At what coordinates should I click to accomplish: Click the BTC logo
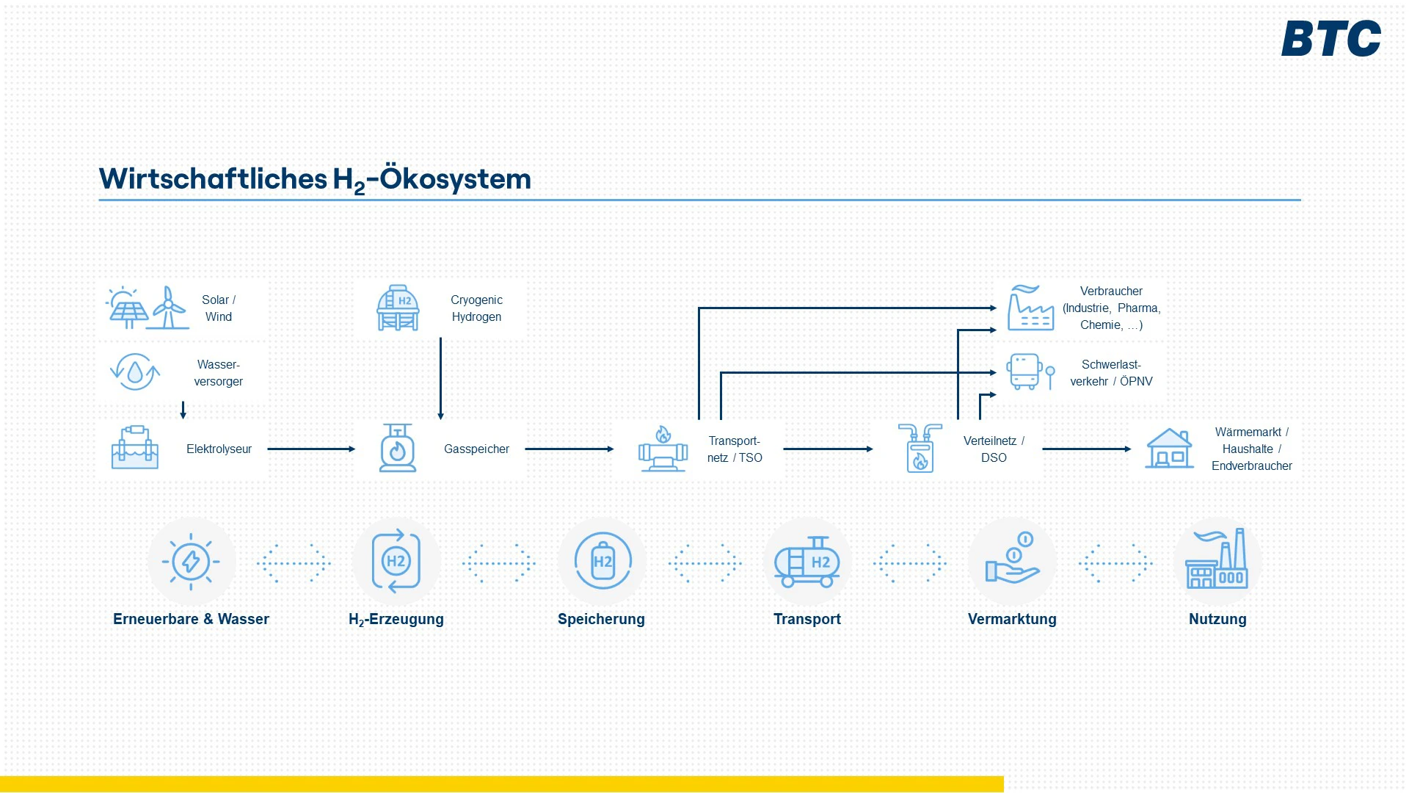1330,38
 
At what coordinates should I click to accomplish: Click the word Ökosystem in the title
455,179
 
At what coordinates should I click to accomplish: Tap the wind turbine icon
169,308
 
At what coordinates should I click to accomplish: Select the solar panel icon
128,309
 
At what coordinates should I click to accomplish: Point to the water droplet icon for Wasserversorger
135,372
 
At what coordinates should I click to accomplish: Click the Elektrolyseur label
219,449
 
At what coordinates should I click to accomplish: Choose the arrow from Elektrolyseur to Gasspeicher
310,449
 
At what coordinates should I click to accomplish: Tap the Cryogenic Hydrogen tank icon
398,308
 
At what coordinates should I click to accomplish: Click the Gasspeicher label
476,449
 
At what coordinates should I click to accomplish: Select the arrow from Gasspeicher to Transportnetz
569,449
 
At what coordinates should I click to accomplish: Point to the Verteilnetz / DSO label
994,449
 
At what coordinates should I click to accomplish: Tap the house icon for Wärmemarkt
1169,449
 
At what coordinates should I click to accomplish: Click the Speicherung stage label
601,619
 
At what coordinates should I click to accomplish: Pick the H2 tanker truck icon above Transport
807,562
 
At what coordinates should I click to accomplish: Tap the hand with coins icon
1013,560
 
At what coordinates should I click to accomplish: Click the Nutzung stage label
1217,619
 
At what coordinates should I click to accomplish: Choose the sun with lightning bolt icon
191,562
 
